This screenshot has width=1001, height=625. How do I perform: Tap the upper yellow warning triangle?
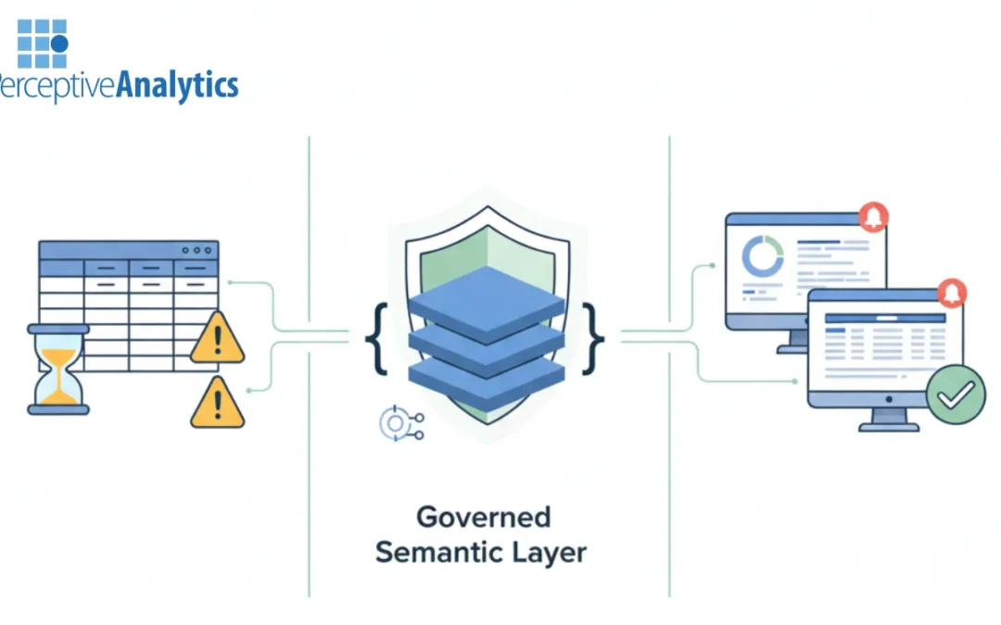coord(217,339)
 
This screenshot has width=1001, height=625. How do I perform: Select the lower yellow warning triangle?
coord(217,403)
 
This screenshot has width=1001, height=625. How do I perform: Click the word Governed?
coord(482,517)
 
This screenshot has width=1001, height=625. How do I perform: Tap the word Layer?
coord(551,553)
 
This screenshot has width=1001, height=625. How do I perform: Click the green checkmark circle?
coord(956,394)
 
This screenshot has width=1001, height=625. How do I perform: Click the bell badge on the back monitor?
coord(873,216)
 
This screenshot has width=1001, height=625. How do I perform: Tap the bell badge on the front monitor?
coord(952,292)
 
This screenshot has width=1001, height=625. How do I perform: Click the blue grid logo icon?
coord(43,43)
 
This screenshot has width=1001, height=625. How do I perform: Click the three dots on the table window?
coord(197,250)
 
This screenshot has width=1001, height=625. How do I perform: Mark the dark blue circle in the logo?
coord(59,44)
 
